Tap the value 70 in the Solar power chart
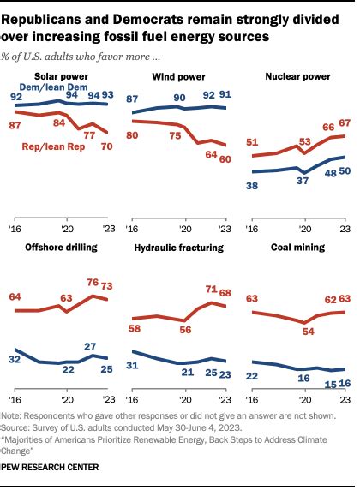(x=108, y=146)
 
